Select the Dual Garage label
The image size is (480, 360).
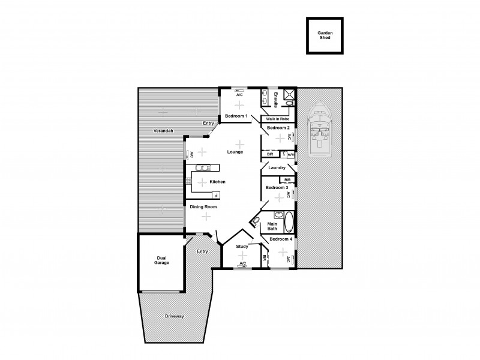161,260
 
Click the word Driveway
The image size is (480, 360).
174,316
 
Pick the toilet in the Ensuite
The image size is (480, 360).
289,103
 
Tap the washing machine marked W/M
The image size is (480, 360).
290,154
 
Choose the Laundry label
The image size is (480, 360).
277,167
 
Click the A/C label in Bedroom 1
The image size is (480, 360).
239,95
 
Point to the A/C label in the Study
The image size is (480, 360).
242,264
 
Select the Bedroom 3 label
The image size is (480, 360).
277,187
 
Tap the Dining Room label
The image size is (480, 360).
203,206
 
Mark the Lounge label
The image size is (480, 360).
235,152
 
